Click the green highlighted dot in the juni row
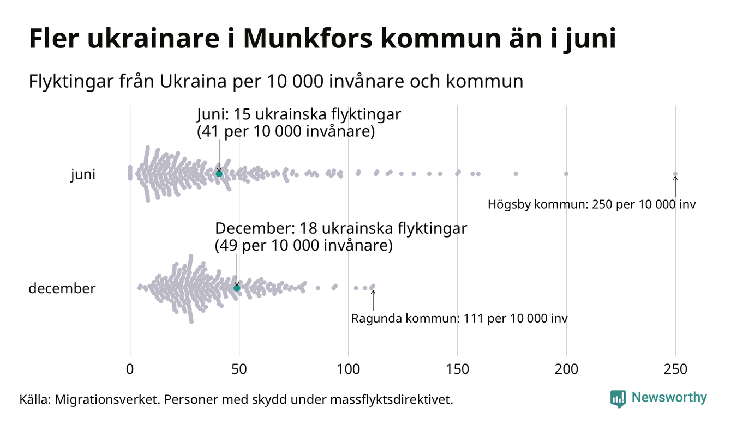click(219, 173)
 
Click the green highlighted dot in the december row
click(237, 288)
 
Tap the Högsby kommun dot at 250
click(675, 174)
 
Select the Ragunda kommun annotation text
click(459, 318)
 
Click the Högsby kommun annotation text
click(591, 205)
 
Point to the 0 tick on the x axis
click(130, 369)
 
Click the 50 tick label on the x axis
click(239, 369)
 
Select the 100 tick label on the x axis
click(348, 369)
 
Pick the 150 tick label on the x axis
click(457, 369)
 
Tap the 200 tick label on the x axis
click(566, 369)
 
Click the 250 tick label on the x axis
click(675, 369)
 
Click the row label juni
click(83, 175)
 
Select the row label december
click(62, 288)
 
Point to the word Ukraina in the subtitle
click(187, 82)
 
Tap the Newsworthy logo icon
click(618, 398)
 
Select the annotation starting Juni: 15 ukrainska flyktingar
click(298, 123)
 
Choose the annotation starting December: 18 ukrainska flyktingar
click(341, 236)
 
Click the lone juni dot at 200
click(566, 174)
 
